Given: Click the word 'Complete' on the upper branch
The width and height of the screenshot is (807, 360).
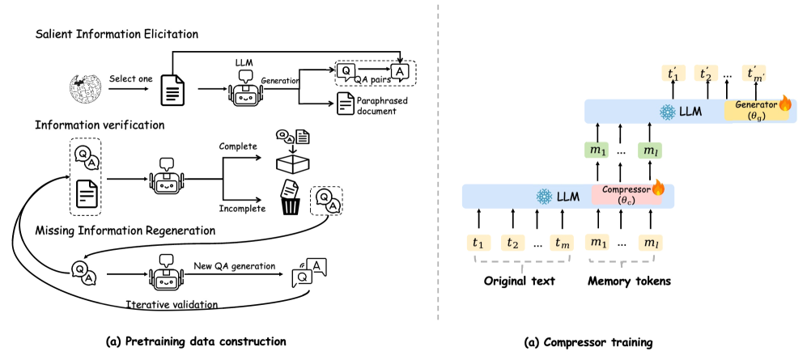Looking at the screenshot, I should (x=239, y=146).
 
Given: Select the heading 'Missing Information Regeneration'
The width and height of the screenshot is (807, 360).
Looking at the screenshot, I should (x=125, y=231).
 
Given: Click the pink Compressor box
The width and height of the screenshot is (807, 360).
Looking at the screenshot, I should (x=627, y=195).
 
